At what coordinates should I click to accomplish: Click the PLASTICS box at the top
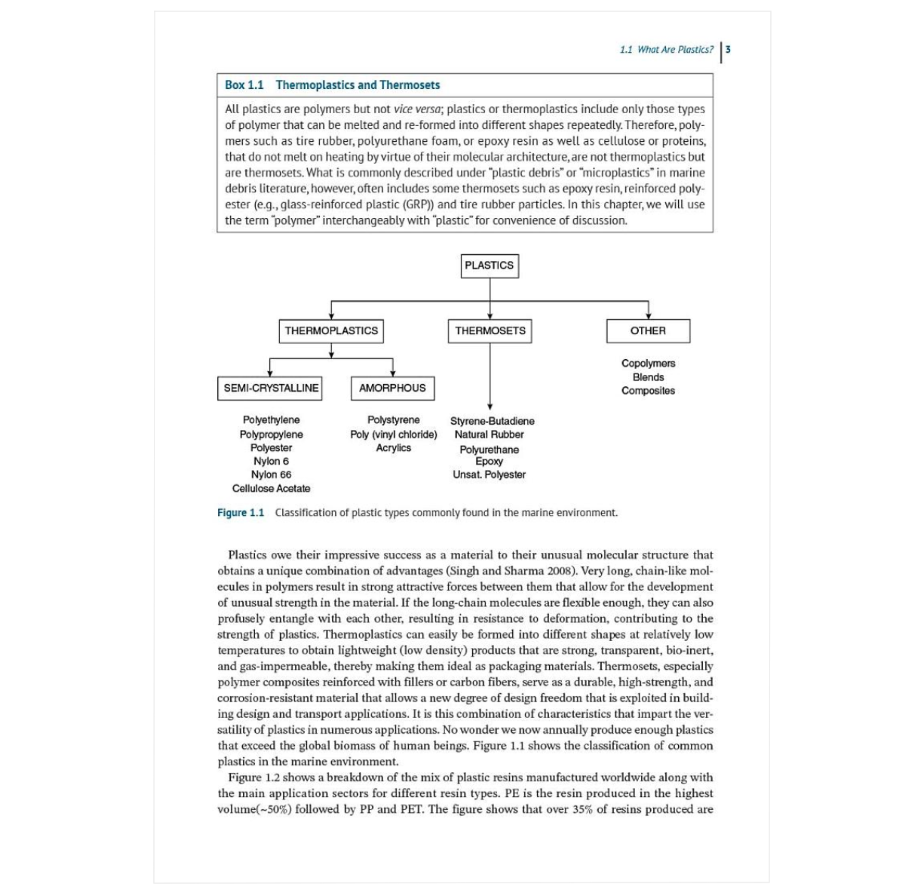pos(490,265)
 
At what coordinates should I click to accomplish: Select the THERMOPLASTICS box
pos(331,330)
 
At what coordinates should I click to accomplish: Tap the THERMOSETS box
pos(490,330)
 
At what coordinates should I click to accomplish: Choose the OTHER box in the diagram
pos(648,330)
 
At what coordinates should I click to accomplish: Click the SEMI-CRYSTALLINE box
pos(271,388)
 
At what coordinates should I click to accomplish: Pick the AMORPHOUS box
pos(392,388)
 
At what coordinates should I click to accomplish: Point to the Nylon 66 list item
pos(271,474)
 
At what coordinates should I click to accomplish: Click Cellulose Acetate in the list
pos(271,488)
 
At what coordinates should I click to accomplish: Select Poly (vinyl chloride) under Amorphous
pos(393,434)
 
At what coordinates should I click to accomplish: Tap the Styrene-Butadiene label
pos(492,421)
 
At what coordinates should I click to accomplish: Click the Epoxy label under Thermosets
pos(489,461)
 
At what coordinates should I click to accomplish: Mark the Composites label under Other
pos(648,391)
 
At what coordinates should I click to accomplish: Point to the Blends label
pos(648,377)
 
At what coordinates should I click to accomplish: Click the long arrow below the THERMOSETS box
pos(490,377)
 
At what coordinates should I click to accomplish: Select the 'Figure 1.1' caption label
pos(241,513)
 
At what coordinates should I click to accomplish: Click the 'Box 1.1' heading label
pos(244,85)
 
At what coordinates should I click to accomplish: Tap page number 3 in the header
pos(728,50)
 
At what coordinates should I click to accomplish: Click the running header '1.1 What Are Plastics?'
pos(666,50)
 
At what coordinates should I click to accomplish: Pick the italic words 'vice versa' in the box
pos(417,109)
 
